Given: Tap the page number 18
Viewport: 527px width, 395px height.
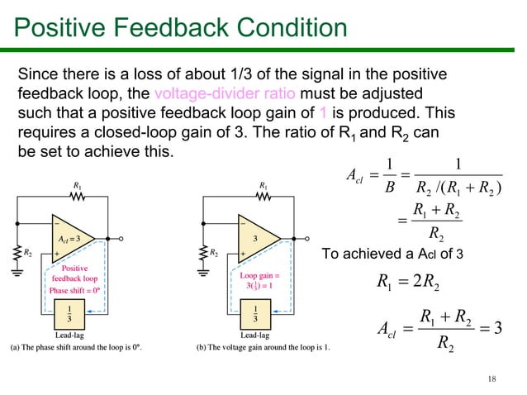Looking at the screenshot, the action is (492, 378).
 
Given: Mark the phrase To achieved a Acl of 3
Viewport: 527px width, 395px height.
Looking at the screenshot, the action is (396, 253).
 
